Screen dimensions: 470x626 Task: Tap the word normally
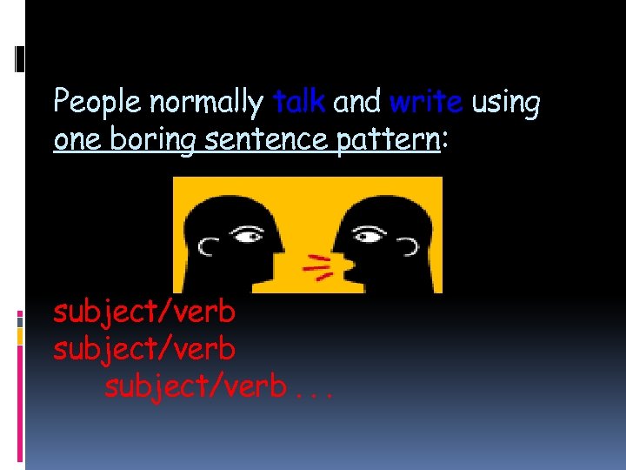206,103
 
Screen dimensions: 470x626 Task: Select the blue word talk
298,102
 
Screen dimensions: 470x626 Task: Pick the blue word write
426,102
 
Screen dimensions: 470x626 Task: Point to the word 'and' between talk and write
356,102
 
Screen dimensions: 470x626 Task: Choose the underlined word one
75,139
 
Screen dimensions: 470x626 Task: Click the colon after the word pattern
446,141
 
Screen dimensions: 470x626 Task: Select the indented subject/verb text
195,386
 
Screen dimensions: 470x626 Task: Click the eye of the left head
250,235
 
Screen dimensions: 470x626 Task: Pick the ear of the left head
207,247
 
